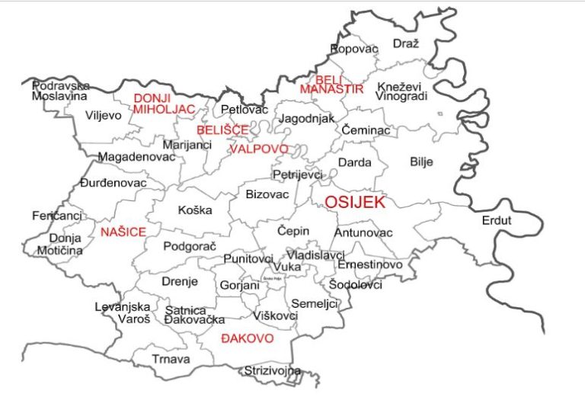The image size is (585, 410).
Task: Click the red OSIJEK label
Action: [355, 203]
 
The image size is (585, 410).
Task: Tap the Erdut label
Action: [497, 221]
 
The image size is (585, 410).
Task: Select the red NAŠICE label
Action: [123, 231]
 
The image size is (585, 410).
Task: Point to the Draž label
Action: [406, 43]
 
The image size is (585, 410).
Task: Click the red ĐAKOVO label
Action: [247, 338]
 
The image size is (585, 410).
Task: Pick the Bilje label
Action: [421, 162]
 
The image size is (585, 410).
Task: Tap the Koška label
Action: [195, 210]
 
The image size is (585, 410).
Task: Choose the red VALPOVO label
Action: [259, 149]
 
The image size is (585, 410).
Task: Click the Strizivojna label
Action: [272, 371]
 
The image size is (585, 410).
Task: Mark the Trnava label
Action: [171, 359]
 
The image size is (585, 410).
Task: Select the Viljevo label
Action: [104, 116]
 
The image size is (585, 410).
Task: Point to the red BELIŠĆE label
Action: [222, 130]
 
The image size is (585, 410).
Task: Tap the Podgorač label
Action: [190, 247]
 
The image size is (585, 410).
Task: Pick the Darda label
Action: [355, 162]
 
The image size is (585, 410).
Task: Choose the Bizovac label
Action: [267, 195]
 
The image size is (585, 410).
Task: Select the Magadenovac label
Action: [137, 157]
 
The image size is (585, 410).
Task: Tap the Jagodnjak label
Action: [306, 120]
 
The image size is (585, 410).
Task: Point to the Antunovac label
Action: [363, 232]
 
